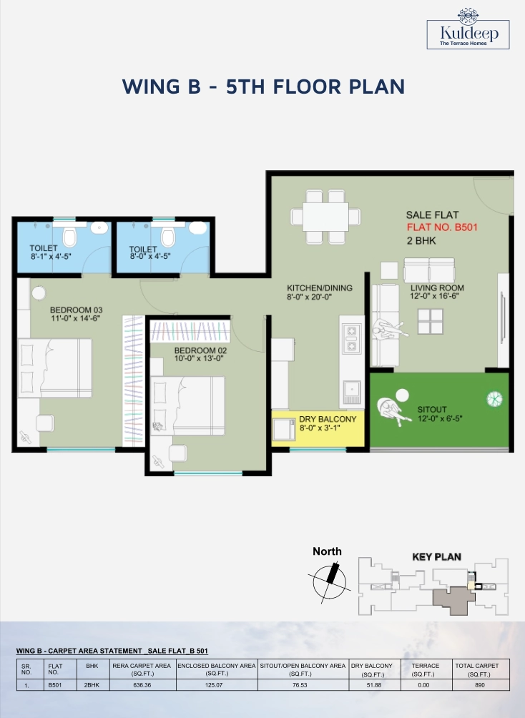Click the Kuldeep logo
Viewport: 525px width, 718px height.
coord(468,29)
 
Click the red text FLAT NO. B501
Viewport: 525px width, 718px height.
coord(442,227)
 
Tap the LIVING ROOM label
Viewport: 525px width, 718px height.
coord(437,288)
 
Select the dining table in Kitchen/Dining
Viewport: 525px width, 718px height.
coord(325,217)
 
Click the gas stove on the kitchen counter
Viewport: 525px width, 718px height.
coord(352,338)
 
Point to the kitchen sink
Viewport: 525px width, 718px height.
coord(352,392)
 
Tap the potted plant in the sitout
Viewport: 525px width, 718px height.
coord(495,399)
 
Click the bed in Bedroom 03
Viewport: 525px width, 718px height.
coord(54,368)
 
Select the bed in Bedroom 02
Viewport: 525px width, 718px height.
coord(188,405)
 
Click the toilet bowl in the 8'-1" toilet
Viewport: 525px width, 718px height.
coord(69,237)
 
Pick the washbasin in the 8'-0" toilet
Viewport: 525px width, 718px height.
coord(198,227)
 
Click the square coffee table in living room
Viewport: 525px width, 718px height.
coord(430,321)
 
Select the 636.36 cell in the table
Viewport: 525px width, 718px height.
coord(142,685)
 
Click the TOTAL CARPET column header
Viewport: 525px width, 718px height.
coord(476,669)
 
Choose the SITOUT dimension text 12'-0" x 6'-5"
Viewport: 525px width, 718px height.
coord(440,418)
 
